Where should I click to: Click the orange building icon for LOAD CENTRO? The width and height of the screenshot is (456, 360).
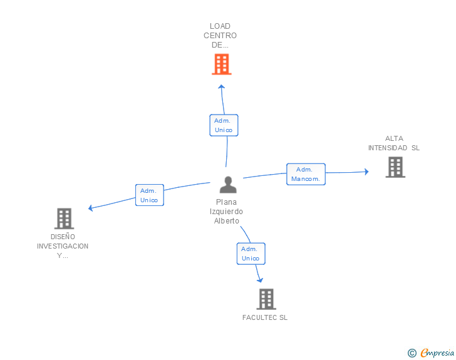[x=221, y=64]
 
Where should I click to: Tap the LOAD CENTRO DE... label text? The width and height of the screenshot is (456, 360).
[x=220, y=36]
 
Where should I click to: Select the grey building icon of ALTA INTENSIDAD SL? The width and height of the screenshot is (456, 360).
[x=395, y=167]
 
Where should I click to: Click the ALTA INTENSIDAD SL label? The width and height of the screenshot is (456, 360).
[x=394, y=143]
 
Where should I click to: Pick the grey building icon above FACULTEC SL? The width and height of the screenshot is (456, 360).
[x=266, y=299]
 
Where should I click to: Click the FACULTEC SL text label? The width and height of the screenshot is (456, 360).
[x=265, y=318]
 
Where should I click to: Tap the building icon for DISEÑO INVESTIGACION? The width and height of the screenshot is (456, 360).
[x=64, y=219]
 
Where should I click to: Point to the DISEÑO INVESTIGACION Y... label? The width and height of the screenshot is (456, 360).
[x=63, y=246]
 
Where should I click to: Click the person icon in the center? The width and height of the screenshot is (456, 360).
[x=228, y=185]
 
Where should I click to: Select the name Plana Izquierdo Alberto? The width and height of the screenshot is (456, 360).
[x=227, y=212]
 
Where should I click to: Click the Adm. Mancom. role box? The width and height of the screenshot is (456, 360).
[x=306, y=174]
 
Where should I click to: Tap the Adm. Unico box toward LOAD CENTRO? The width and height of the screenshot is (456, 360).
[x=224, y=125]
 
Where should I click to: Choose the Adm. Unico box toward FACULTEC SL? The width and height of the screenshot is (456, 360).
[x=251, y=254]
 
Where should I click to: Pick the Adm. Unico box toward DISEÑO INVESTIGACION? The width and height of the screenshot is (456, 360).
[x=149, y=195]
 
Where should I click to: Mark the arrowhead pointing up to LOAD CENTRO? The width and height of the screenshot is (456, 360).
[x=220, y=86]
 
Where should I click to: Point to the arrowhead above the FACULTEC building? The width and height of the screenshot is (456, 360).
[x=260, y=280]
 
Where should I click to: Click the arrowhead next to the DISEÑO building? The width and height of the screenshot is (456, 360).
[x=91, y=208]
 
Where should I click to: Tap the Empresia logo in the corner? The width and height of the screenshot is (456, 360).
[x=437, y=353]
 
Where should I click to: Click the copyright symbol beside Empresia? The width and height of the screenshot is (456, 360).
[x=412, y=353]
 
